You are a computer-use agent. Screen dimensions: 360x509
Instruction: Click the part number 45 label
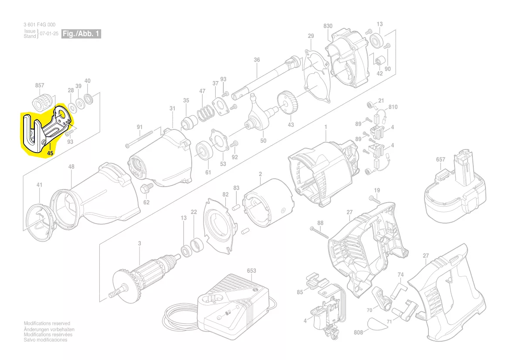(50, 153)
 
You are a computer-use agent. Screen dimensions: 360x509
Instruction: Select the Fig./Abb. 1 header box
(81, 34)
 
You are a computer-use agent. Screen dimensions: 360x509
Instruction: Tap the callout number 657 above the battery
(441, 160)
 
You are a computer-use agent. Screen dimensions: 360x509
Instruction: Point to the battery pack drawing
(456, 189)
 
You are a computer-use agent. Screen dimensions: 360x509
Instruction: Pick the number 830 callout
(328, 26)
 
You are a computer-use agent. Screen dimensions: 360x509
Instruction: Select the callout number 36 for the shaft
(257, 60)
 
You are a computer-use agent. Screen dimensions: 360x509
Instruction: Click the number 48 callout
(71, 167)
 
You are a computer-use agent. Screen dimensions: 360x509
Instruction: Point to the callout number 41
(40, 185)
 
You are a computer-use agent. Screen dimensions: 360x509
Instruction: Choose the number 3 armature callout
(139, 244)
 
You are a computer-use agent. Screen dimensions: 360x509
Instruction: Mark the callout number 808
(358, 333)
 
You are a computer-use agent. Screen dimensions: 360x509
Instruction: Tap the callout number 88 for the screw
(320, 223)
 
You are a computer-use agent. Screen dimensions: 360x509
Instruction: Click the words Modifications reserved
(47, 323)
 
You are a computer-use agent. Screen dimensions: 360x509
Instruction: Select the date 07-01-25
(49, 34)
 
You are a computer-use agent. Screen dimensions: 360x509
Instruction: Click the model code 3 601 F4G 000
(39, 25)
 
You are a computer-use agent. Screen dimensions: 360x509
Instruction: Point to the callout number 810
(393, 107)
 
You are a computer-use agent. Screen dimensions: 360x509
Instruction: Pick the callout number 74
(400, 275)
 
